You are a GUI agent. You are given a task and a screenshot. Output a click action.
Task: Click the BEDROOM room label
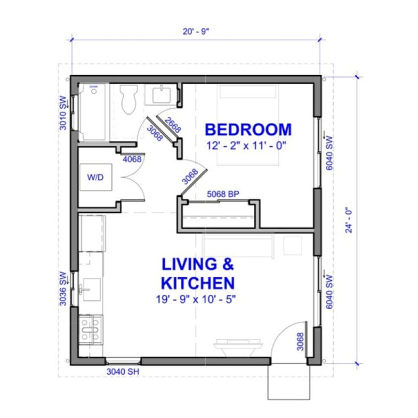point(248,130)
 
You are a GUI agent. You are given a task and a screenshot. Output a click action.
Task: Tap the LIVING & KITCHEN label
point(197,272)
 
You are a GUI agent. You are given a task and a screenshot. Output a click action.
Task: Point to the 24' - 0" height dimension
point(350,220)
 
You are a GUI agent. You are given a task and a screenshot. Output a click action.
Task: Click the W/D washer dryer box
point(96,178)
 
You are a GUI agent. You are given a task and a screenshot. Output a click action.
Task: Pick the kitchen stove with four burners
point(91,329)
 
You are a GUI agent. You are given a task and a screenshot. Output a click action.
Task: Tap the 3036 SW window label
point(63,288)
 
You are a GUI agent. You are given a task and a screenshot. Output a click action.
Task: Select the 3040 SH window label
point(123,372)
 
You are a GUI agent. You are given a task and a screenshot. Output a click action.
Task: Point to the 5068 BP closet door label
point(222,194)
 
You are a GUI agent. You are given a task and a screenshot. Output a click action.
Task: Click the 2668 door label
point(172,125)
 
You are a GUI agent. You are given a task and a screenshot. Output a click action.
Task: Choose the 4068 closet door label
point(132,158)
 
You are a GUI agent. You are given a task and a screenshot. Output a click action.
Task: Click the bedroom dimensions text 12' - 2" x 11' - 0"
point(248,146)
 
